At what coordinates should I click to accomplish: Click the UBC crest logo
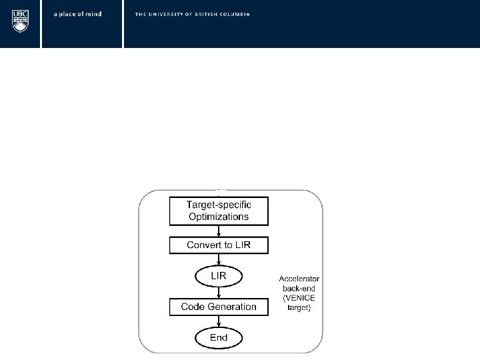21,21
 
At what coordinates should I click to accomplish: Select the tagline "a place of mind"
78,14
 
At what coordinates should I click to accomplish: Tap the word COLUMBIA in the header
235,14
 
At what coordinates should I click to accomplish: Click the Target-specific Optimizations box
219,211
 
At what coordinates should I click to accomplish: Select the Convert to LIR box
219,245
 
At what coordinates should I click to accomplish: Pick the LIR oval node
219,276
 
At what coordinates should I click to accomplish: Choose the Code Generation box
219,307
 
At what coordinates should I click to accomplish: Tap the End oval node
219,338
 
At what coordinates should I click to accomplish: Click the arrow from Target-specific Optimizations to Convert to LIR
219,231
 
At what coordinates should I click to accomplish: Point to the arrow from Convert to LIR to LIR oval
219,260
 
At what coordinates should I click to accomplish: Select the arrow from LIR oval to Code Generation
219,292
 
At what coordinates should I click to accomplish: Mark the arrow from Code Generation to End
219,322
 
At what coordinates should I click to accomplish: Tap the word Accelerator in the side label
299,279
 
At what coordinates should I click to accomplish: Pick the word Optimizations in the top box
218,217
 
